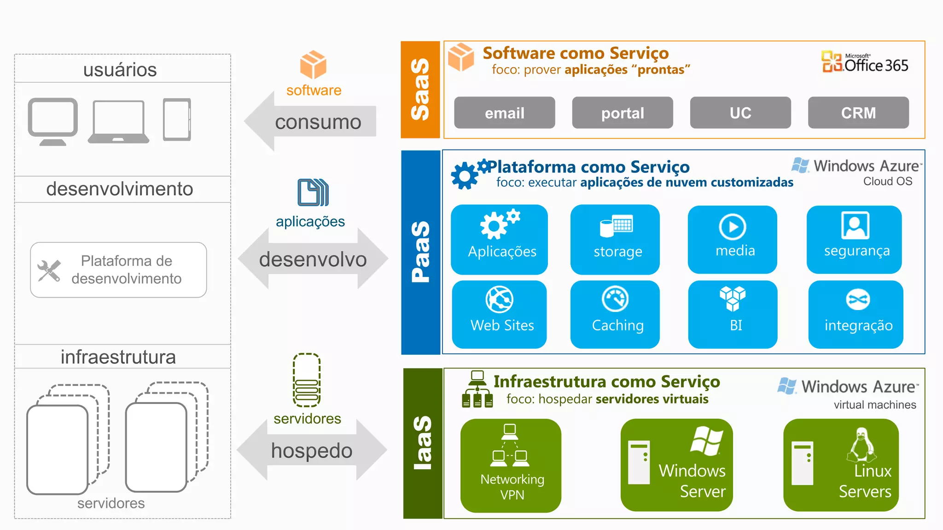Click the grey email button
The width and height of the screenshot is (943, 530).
(504, 113)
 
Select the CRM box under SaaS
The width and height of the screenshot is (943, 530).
(858, 113)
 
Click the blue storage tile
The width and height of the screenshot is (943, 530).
(615, 239)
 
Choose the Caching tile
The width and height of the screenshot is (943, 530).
(615, 314)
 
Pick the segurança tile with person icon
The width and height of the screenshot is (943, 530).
(854, 239)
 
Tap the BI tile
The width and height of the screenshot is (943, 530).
(733, 314)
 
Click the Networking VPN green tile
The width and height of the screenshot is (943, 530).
(511, 465)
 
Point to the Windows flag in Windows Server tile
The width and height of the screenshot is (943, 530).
(706, 440)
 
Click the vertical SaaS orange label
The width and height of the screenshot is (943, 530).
(420, 90)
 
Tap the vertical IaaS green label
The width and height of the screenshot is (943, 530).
(422, 443)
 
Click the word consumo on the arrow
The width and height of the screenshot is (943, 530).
(318, 122)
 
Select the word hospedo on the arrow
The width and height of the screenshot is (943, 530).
(312, 450)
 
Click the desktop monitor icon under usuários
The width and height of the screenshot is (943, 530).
(52, 121)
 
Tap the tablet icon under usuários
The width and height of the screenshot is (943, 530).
(177, 119)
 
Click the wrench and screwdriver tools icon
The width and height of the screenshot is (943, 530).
(49, 271)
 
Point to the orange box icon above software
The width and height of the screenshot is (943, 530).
(313, 64)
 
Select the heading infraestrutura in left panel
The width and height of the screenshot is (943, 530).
(118, 357)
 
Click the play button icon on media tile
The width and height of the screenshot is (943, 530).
(732, 226)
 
